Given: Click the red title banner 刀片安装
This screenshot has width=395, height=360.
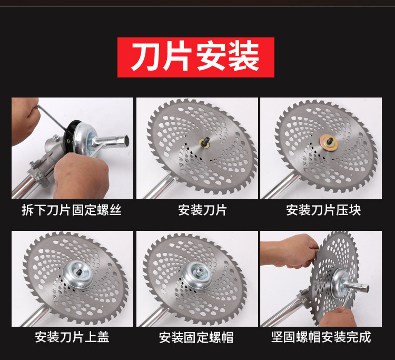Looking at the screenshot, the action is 196,57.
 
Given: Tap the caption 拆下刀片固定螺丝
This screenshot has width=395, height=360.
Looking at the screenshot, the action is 72,210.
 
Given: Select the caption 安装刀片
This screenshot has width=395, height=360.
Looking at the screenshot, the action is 203,210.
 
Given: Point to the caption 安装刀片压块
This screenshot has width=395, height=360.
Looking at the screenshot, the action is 323,210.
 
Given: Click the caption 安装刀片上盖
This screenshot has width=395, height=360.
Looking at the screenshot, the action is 72,337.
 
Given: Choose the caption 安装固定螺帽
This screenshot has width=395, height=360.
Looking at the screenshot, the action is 196,337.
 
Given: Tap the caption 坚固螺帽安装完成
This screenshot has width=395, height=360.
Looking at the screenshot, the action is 321,337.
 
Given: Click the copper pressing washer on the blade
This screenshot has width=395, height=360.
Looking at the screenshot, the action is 329,142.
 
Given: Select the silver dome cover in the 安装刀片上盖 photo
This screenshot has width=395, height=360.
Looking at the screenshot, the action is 78,274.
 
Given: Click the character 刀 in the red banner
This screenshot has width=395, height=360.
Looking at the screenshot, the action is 146,57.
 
